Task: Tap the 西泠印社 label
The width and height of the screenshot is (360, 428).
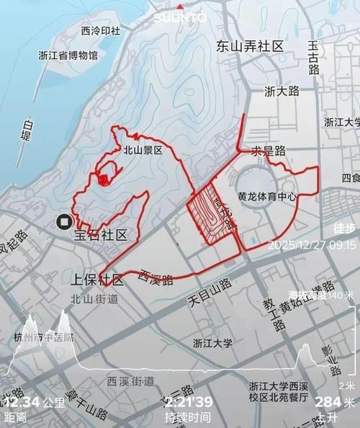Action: pos(101,31)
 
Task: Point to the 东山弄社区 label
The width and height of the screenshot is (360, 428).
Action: pos(250,46)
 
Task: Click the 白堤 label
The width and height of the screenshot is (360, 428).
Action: pos(27,130)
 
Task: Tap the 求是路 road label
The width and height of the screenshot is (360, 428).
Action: pos(268,151)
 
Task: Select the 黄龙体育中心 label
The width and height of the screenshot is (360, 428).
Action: pos(267,196)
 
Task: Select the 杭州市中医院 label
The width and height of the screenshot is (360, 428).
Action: pos(43,337)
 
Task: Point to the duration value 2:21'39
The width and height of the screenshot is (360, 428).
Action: pos(188,401)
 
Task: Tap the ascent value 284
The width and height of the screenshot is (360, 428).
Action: pos(328,401)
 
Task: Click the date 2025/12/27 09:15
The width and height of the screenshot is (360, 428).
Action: pos(311,245)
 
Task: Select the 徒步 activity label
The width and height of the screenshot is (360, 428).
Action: pos(344,228)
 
